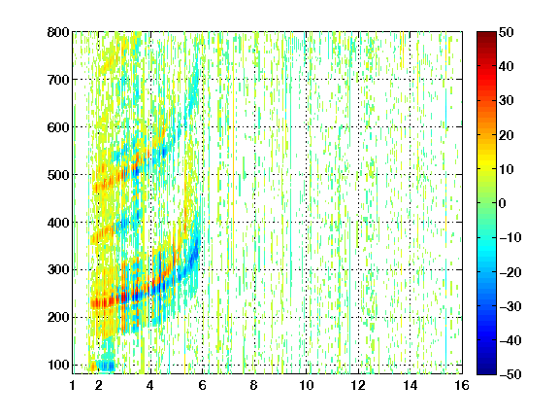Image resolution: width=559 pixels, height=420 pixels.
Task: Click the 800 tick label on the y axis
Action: pos(58,32)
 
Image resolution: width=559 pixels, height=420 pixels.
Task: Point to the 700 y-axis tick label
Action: pos(58,80)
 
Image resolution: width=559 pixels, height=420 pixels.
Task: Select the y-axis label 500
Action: pos(58,175)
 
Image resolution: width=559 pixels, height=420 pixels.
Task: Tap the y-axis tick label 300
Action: pos(58,270)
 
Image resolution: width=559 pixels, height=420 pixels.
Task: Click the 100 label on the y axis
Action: pos(58,365)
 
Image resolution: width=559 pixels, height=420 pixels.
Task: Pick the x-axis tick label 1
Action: pos(73,385)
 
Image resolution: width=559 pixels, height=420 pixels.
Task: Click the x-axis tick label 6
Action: pos(203,385)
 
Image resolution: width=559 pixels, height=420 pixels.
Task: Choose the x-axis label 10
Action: pos(307,385)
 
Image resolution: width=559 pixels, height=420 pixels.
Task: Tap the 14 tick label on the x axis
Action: pos(411,385)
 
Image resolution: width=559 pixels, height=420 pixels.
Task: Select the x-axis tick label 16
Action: pos(462,385)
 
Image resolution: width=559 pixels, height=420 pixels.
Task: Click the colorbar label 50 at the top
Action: pos(506,32)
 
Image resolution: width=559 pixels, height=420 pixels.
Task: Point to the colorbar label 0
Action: pos(503,203)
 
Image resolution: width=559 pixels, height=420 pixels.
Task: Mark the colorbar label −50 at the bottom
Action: pos(510,374)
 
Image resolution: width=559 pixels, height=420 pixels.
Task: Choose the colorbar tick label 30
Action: pos(506,101)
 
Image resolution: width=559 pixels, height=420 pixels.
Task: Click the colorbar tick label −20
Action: pos(510,272)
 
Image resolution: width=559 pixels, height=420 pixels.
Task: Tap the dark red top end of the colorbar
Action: pos(486,34)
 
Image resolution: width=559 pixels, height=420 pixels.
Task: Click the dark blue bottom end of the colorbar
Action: pos(486,371)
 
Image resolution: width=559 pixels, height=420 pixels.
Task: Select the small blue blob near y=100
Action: pos(106,366)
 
